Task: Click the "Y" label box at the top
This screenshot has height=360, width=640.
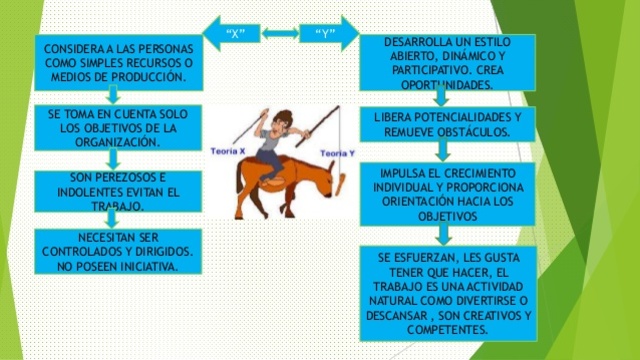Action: [x=324, y=33]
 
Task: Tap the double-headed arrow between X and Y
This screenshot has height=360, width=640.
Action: [x=280, y=33]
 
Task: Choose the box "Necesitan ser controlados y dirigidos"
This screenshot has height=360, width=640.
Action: [x=112, y=251]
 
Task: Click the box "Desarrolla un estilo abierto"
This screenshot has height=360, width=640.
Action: [x=445, y=62]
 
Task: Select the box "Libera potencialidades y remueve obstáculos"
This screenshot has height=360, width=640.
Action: [x=447, y=124]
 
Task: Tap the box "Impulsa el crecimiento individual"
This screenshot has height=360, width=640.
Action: [x=447, y=194]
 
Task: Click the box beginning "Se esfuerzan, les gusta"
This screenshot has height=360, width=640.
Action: [x=447, y=294]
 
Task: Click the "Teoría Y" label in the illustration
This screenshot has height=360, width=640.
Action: [x=337, y=152]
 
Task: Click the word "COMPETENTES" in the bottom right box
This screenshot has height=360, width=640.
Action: [x=447, y=329]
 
